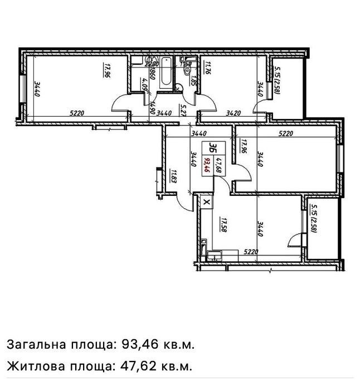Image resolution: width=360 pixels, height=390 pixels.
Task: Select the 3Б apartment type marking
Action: coord(212,147)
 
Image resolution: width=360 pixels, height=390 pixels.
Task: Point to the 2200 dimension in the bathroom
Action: coord(150,64)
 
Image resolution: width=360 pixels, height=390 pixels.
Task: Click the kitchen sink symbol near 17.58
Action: coord(214,256)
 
